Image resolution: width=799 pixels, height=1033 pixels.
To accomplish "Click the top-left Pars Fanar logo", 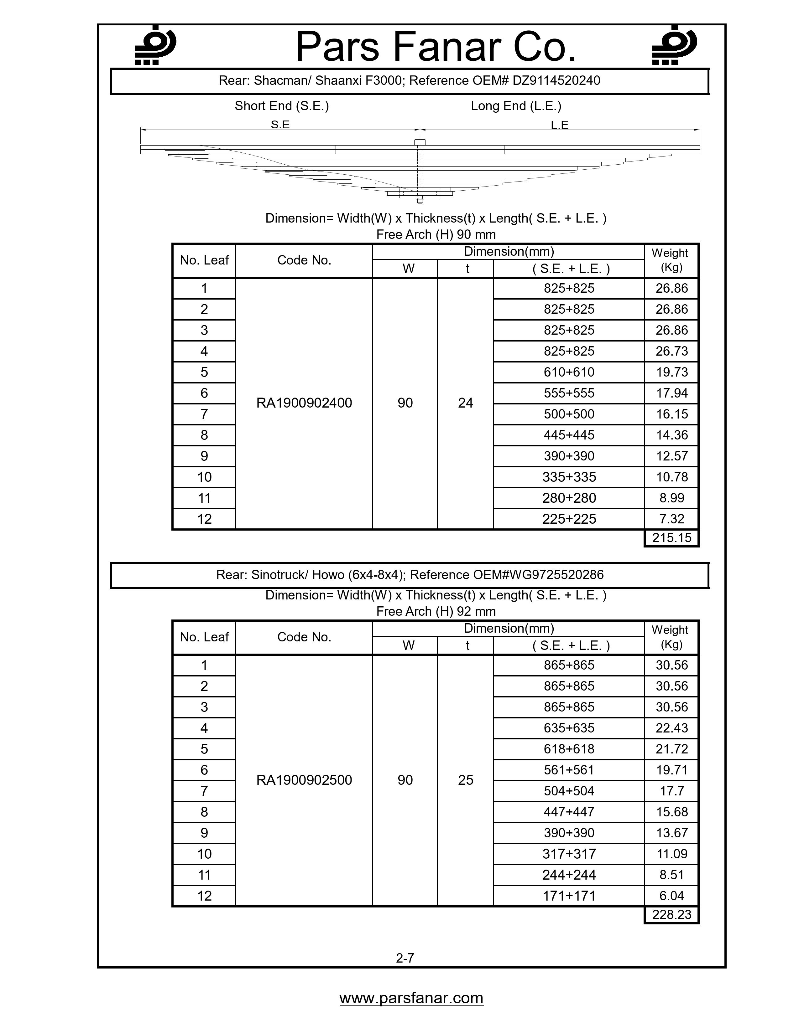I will tap(155, 45).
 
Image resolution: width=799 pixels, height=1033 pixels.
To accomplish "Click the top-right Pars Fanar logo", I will tap(674, 45).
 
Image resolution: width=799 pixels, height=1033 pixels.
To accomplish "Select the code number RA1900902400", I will tap(304, 403).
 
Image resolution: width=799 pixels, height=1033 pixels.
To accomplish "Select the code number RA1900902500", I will tap(304, 780).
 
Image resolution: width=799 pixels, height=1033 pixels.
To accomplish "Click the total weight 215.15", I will tap(671, 538).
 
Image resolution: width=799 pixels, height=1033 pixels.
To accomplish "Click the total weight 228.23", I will tap(671, 915).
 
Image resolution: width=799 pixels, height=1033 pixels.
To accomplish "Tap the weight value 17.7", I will tap(671, 791).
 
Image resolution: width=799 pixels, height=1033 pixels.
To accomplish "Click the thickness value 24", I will tap(465, 403).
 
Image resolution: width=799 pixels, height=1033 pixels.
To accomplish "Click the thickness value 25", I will tap(465, 780).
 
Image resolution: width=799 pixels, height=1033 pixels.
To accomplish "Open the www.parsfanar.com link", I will tap(411, 998).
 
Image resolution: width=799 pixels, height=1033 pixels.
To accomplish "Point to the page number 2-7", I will tap(405, 958).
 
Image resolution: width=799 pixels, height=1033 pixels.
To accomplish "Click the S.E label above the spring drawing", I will tap(280, 125).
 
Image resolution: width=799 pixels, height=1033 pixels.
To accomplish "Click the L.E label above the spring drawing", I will tap(560, 125).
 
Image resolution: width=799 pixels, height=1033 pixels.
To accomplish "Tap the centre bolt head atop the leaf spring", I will tap(419, 142).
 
